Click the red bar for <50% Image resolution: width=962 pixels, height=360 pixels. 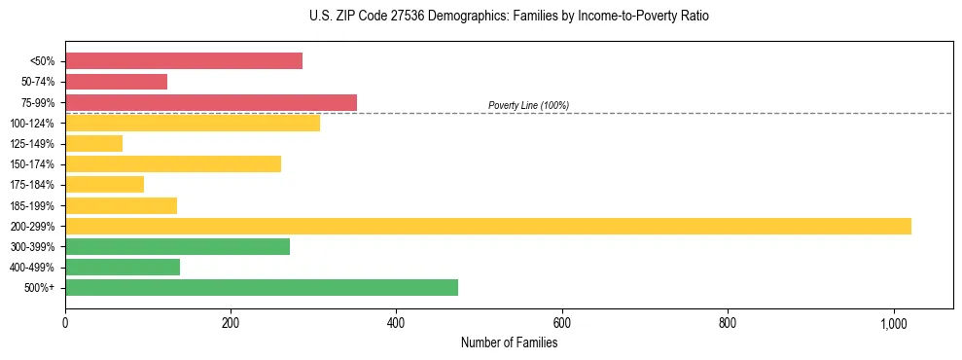pos(184,61)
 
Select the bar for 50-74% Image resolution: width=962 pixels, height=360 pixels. pos(116,82)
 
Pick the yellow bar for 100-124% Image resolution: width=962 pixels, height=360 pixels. pos(193,123)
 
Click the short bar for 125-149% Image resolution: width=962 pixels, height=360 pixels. pos(93,144)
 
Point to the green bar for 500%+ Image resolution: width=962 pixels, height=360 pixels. pos(262,287)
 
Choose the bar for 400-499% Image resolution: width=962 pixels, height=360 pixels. pos(123,267)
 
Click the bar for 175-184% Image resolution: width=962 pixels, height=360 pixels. pos(104,185)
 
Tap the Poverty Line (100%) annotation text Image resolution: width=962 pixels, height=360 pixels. pos(528,105)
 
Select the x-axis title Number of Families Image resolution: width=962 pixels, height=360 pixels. pos(509,342)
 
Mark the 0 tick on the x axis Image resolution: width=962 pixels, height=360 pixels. pos(65,323)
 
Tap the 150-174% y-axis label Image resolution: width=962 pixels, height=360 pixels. pos(32,164)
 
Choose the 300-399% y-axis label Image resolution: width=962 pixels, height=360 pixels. pos(32,247)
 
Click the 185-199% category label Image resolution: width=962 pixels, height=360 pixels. pos(32,205)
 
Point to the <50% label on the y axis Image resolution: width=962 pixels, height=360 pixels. pos(43,61)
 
